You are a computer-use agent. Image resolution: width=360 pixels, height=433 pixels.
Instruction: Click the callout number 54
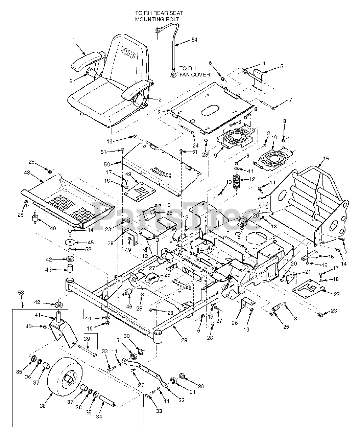(194, 40)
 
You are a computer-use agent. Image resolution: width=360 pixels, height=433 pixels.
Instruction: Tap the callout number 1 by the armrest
(73, 40)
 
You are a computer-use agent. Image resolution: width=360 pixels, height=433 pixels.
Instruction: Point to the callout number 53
(21, 293)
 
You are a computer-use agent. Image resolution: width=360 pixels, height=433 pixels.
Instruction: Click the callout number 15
(326, 159)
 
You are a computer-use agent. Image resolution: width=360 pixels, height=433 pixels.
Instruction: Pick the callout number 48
(27, 172)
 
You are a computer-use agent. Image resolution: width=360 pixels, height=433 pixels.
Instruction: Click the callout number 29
(184, 340)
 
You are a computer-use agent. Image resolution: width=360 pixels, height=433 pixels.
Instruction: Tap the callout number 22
(337, 294)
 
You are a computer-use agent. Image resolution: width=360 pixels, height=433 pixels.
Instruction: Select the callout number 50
(107, 164)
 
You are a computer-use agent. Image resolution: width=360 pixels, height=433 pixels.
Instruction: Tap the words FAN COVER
(194, 75)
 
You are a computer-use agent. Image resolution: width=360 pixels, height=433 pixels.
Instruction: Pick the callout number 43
(48, 270)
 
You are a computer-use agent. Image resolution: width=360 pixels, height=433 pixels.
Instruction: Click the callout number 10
(274, 137)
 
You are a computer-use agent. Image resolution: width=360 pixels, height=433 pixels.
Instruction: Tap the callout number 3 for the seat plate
(159, 112)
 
